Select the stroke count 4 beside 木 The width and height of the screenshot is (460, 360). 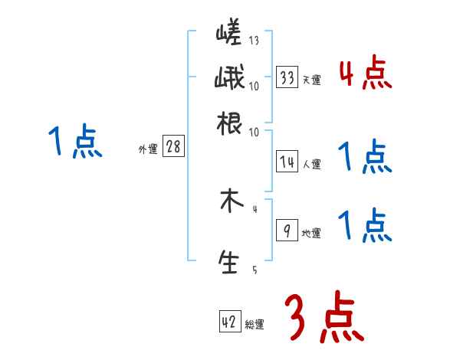(254, 209)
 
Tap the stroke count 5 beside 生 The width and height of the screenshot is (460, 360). (254, 270)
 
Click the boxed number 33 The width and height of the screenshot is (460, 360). (287, 77)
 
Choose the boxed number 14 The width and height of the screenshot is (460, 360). (287, 161)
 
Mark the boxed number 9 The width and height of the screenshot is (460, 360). (287, 231)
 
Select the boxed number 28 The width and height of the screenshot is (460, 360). (173, 147)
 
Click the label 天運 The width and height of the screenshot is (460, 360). (311, 80)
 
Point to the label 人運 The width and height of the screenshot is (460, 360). (311, 163)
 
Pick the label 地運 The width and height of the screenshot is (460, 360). (311, 233)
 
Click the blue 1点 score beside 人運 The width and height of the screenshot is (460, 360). (365, 157)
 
